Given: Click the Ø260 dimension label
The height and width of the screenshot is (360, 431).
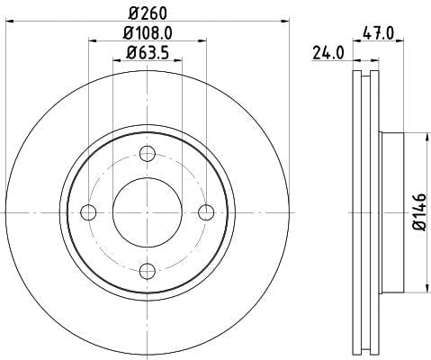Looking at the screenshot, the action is [x=148, y=13].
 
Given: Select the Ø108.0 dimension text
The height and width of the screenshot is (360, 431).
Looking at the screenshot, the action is [x=148, y=33].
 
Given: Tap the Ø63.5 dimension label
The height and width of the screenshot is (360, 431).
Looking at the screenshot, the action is [x=148, y=53].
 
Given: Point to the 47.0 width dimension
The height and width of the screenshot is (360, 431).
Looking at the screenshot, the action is [x=378, y=33].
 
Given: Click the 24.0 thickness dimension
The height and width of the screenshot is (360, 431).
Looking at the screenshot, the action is [x=328, y=53].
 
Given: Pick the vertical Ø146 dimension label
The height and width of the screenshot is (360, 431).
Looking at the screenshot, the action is [x=419, y=212].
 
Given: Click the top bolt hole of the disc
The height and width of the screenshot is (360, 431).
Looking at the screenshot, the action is [x=148, y=154].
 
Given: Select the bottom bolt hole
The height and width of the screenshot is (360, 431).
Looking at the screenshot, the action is [x=148, y=271].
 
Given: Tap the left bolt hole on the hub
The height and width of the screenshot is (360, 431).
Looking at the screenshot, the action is [x=88, y=212].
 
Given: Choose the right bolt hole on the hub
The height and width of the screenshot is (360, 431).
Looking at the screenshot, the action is [x=206, y=212].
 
